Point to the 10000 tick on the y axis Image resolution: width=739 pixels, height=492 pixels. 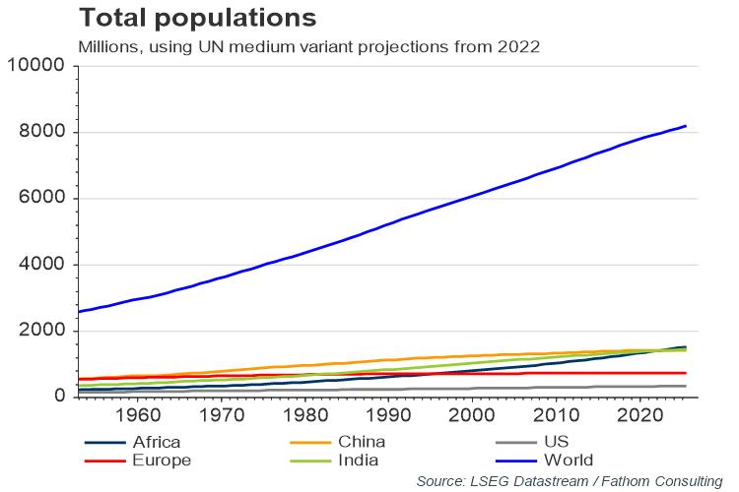[x=35, y=66]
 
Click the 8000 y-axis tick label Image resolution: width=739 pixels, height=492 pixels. [x=41, y=132]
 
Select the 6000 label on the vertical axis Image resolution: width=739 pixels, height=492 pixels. [x=41, y=198]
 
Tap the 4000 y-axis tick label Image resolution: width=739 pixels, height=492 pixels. [x=41, y=265]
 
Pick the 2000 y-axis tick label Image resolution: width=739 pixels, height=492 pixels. [x=41, y=331]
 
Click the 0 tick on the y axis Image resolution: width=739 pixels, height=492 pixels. [x=59, y=397]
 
